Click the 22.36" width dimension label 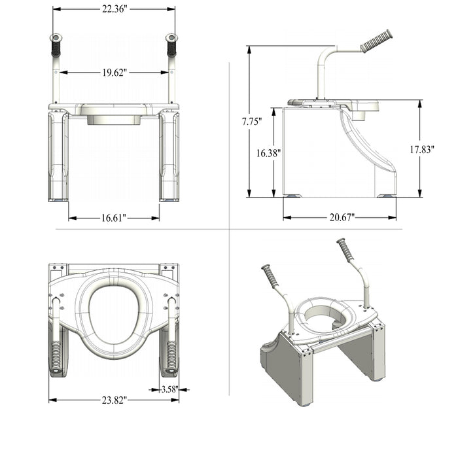click(x=114, y=9)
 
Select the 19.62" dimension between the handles click(x=114, y=72)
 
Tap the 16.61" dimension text click(x=114, y=217)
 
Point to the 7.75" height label click(x=251, y=122)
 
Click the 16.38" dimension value click(x=269, y=153)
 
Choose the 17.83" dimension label click(x=422, y=149)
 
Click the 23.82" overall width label click(x=114, y=399)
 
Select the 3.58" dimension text click(x=169, y=389)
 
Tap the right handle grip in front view click(x=171, y=46)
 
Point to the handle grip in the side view click(x=376, y=41)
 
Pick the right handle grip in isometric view click(x=345, y=251)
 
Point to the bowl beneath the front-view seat click(x=114, y=118)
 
